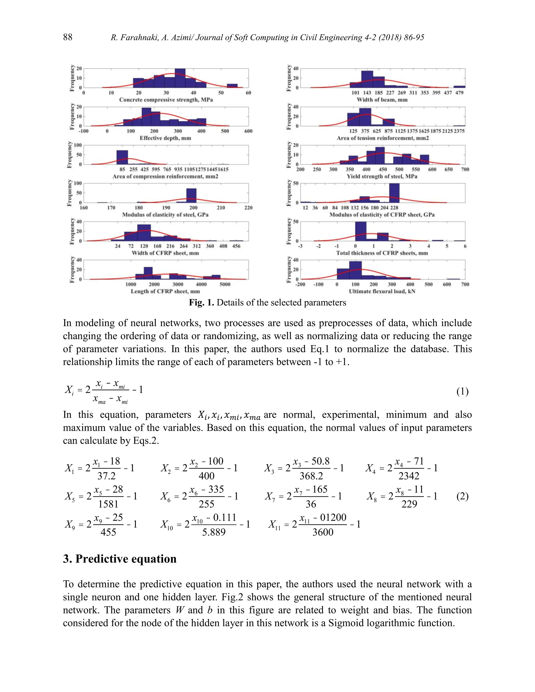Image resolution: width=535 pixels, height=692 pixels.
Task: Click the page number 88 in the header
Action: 67,37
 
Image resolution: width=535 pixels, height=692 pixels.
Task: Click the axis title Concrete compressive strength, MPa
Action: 166,100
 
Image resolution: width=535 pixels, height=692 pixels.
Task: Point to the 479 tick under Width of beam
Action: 459,93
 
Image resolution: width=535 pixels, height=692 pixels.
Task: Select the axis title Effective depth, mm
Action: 165,138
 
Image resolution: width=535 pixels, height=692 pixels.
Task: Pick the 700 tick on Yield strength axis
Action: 465,169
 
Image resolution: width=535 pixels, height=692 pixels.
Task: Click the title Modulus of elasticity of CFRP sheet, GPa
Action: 382,215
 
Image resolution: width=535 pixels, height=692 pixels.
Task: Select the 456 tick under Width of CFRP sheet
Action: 236,246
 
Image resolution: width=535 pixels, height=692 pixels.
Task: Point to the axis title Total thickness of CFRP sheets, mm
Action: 382,253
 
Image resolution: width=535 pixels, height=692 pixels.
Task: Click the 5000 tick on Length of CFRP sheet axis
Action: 225,285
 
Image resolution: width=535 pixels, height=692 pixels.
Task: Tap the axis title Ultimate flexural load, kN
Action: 382,291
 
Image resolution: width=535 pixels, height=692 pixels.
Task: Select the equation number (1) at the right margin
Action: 462,392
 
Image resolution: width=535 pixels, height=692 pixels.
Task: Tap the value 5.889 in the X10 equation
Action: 214,532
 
